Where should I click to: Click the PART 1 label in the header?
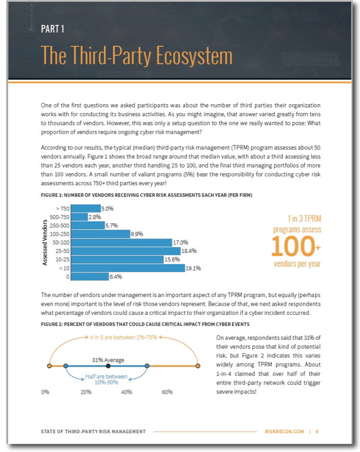coord(52,29)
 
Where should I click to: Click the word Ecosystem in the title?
coord(194,55)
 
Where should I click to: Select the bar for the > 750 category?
coord(85,208)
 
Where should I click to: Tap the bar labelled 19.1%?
coord(128,268)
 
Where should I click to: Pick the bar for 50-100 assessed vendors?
coord(121,242)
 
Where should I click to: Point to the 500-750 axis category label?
coord(60,217)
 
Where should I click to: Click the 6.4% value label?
coord(116,277)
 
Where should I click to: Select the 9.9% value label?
coord(137,234)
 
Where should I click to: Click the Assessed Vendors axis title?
coord(45,242)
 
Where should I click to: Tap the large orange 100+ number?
coord(296,246)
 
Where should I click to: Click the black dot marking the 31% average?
coord(108,366)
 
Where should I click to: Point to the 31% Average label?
coord(108,360)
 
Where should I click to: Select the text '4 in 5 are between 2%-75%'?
coord(123,337)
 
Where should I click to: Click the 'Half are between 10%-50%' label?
coord(106,380)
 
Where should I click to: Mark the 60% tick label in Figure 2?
coord(168,392)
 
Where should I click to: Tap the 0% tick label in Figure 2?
coord(45,392)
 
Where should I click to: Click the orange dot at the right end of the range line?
coord(198,366)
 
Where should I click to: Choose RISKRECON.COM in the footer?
coord(285,431)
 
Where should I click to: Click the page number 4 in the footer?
coord(317,431)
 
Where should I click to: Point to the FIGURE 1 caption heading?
coord(146,195)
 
